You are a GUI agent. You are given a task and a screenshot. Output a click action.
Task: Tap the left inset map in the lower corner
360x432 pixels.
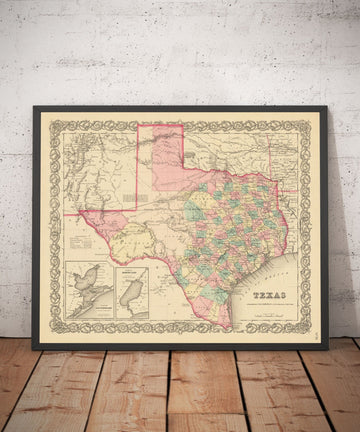coord(88,290)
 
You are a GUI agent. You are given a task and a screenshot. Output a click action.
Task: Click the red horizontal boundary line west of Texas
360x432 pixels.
coord(72,212)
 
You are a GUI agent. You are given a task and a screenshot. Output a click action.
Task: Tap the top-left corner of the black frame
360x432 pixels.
coord(34,107)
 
